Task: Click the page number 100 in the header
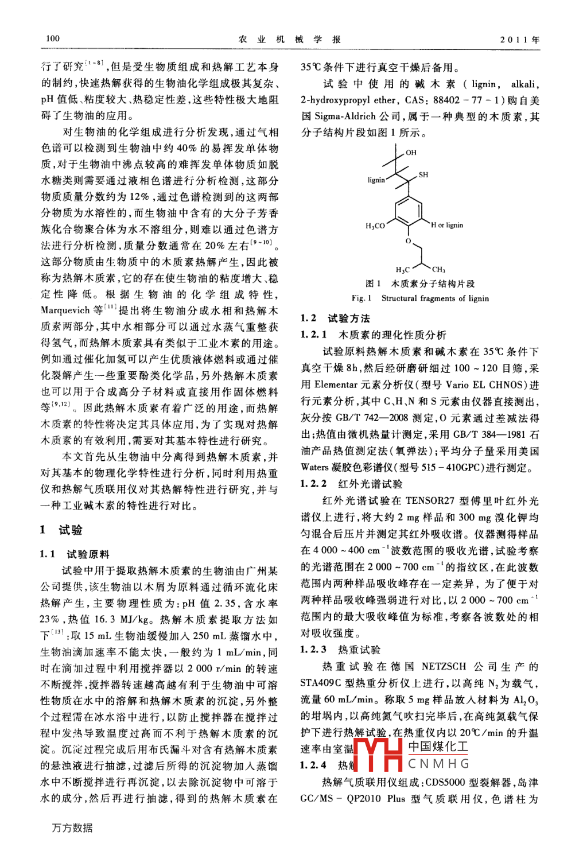[52, 38]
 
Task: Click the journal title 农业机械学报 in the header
[290, 39]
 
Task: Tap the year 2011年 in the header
[519, 40]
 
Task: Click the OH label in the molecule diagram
[411, 153]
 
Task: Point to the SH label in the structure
[423, 174]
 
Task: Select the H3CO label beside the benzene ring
[375, 226]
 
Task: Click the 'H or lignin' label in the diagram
[447, 225]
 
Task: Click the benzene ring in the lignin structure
[408, 212]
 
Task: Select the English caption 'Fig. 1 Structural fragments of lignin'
[420, 298]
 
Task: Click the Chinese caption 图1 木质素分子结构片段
[420, 283]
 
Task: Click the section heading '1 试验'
[61, 530]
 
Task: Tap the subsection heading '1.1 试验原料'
[75, 554]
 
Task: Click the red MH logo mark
[379, 754]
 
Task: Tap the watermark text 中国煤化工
[438, 747]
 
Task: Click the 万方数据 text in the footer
[72, 827]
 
